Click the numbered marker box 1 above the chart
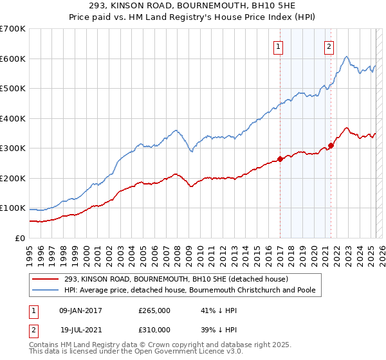[x=279, y=46]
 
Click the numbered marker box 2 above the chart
[x=329, y=46]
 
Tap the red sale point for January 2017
[x=280, y=159]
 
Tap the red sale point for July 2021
[x=331, y=145]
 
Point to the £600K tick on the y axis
[x=13, y=59]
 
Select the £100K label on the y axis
[x=13, y=208]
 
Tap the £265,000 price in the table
[x=154, y=310]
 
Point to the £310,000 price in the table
[x=154, y=329]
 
